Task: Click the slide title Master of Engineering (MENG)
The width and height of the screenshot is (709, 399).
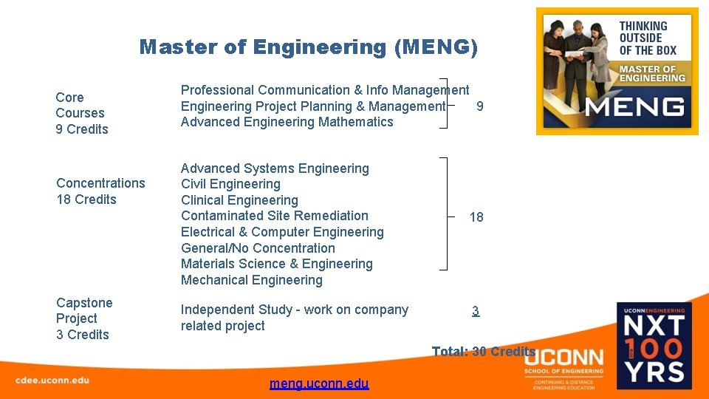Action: pos(309,48)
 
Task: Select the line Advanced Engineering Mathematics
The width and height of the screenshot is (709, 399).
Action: pos(287,122)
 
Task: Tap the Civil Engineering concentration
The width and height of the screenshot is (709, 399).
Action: pos(230,184)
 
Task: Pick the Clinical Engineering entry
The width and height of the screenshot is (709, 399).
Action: pos(239,200)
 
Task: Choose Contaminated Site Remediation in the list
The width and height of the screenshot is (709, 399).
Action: pos(274,216)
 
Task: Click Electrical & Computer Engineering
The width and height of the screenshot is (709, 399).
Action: pos(282,232)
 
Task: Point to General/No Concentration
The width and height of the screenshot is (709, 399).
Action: pos(258,248)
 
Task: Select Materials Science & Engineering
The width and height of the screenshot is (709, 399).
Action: pos(276,264)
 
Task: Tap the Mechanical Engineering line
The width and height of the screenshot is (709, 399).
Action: pos(251,280)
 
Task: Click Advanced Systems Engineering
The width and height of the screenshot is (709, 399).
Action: pos(275,168)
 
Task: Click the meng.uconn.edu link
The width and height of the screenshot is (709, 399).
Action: pos(319,383)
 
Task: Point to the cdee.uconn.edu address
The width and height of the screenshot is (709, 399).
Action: pos(52,380)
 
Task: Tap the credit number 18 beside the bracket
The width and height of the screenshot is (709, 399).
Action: pos(476,217)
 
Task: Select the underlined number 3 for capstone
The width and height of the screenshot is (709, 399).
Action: pos(476,311)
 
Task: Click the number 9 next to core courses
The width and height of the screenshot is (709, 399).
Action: pos(480,106)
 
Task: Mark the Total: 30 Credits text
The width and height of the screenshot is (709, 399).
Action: pos(483,352)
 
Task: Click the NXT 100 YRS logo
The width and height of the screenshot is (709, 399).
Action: pos(654,345)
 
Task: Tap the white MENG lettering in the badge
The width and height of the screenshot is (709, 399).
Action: pos(634,107)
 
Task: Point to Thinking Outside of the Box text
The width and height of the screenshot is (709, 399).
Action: pos(647,38)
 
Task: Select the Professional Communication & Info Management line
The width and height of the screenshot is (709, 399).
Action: pos(325,90)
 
